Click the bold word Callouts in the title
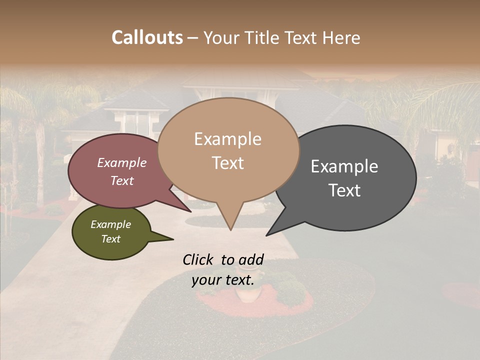click(147, 37)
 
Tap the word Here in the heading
click(341, 38)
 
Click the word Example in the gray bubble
click(344, 166)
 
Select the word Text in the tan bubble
click(228, 163)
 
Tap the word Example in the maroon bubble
click(122, 163)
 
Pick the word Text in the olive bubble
click(111, 239)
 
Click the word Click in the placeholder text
click(198, 259)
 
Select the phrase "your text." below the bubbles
click(223, 280)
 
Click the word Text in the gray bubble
click(344, 190)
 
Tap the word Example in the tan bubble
click(228, 139)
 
